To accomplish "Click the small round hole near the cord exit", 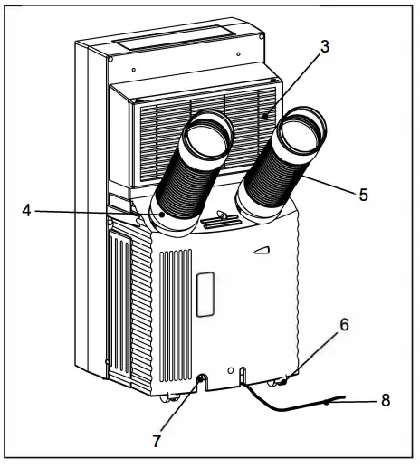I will (243, 370).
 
